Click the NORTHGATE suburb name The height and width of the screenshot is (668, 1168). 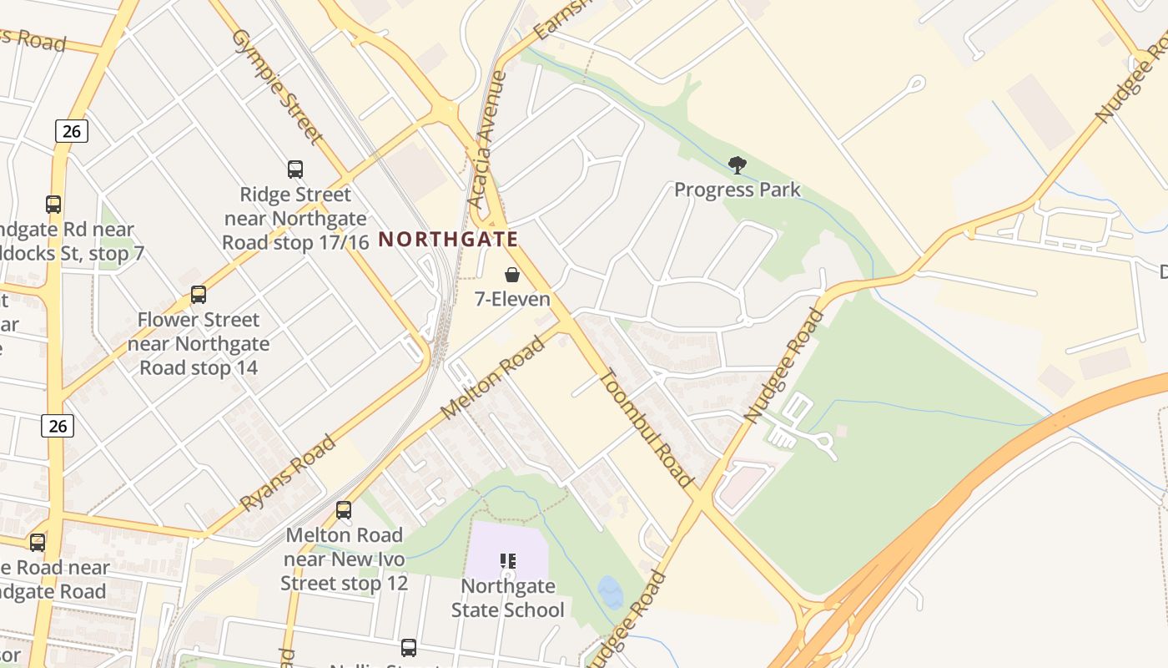[x=449, y=240]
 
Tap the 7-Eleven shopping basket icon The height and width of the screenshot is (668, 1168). [x=512, y=275]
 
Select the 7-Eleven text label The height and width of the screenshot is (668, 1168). [x=512, y=299]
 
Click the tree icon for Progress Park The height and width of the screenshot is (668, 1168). [x=737, y=165]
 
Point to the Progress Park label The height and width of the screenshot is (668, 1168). [x=737, y=190]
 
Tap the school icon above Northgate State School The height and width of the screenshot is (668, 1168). [x=507, y=561]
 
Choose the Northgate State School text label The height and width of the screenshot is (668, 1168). [x=507, y=598]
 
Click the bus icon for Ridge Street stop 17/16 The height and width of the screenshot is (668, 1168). [x=295, y=170]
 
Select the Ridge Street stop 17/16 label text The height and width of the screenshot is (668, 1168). [x=295, y=218]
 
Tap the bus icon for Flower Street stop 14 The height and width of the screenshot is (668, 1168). [x=198, y=295]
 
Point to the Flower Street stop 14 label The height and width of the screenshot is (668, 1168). [x=199, y=343]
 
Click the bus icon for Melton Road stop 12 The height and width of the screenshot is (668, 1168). [x=344, y=510]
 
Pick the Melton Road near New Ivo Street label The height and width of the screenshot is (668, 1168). [x=344, y=559]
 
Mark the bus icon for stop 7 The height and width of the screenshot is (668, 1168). [x=53, y=205]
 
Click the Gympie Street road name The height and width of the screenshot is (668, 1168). [x=277, y=85]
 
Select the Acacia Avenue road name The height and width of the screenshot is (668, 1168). [x=488, y=140]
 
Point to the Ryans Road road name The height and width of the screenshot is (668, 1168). [x=288, y=473]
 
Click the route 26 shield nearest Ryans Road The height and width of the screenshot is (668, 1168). [x=58, y=426]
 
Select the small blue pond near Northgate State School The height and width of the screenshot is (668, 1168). [x=611, y=593]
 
